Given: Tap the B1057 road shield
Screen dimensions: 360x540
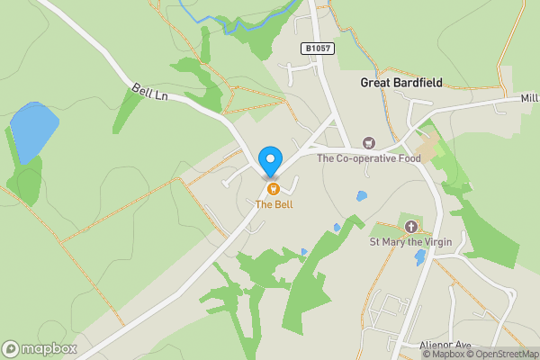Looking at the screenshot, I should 319,49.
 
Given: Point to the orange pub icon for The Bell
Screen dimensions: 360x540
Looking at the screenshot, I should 273,188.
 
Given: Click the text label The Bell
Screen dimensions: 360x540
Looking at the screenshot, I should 273,204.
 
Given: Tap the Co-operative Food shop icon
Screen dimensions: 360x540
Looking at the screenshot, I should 368,143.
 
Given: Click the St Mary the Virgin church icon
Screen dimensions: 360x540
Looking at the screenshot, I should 412,226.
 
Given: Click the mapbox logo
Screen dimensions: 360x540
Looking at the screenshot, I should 40,348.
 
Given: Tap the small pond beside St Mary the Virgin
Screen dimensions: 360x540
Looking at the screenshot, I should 420,257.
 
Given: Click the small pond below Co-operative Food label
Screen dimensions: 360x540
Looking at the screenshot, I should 361,195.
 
